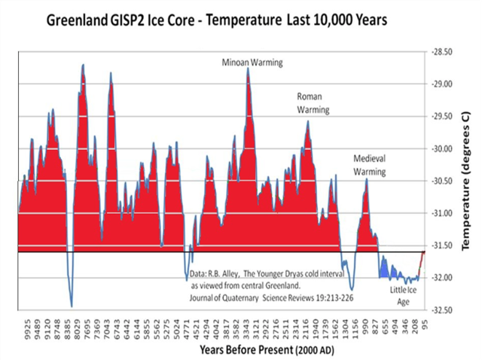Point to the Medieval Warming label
click(x=370, y=166)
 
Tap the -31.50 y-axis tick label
click(x=441, y=246)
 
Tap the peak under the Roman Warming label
click(x=307, y=121)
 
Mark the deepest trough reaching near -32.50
click(x=72, y=306)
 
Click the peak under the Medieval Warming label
click(x=367, y=179)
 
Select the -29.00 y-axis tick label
click(x=441, y=84)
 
